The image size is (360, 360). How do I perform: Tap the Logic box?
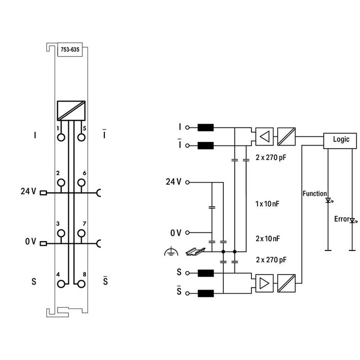pos(341,139)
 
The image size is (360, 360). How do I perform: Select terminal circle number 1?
pos(61,137)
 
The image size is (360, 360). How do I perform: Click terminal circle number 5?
pos(81,137)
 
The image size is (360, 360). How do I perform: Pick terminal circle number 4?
pos(61,283)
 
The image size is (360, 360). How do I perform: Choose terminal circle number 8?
pos(81,283)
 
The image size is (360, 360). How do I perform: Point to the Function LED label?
pos(314,194)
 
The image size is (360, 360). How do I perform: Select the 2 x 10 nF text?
pos(267,238)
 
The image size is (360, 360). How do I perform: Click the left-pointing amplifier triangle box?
pos(264,136)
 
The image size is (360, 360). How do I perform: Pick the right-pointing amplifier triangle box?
pos(264,283)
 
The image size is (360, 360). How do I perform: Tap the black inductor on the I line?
pos(206,128)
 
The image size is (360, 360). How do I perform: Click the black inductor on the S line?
pos(206,273)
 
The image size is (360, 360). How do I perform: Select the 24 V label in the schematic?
pos(174,182)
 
